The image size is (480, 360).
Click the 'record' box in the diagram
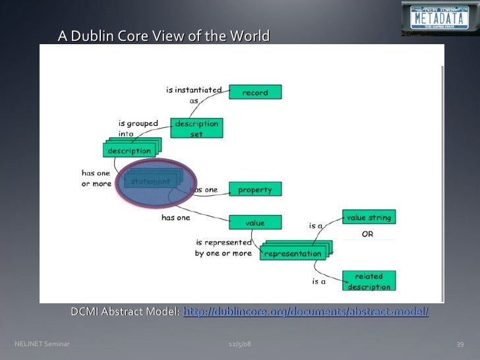pos(255,92)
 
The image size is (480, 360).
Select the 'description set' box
pos(196,128)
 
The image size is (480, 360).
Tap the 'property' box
pos(255,189)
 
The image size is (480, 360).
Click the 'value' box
pos(255,223)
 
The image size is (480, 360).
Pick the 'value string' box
pos(369,218)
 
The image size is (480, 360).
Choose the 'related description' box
pos(369,281)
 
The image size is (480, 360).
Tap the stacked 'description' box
pos(129,151)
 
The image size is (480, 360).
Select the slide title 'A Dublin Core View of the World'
pos(164,36)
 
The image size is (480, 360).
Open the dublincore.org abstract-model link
pos(305,311)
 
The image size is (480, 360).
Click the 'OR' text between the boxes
pos(368,235)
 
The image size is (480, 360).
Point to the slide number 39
pos(461,344)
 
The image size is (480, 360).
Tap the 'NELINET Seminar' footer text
pos(42,344)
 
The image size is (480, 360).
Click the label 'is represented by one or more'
pos(223,248)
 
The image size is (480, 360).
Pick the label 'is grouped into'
pos(138,128)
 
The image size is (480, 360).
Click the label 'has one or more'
pos(96,178)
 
